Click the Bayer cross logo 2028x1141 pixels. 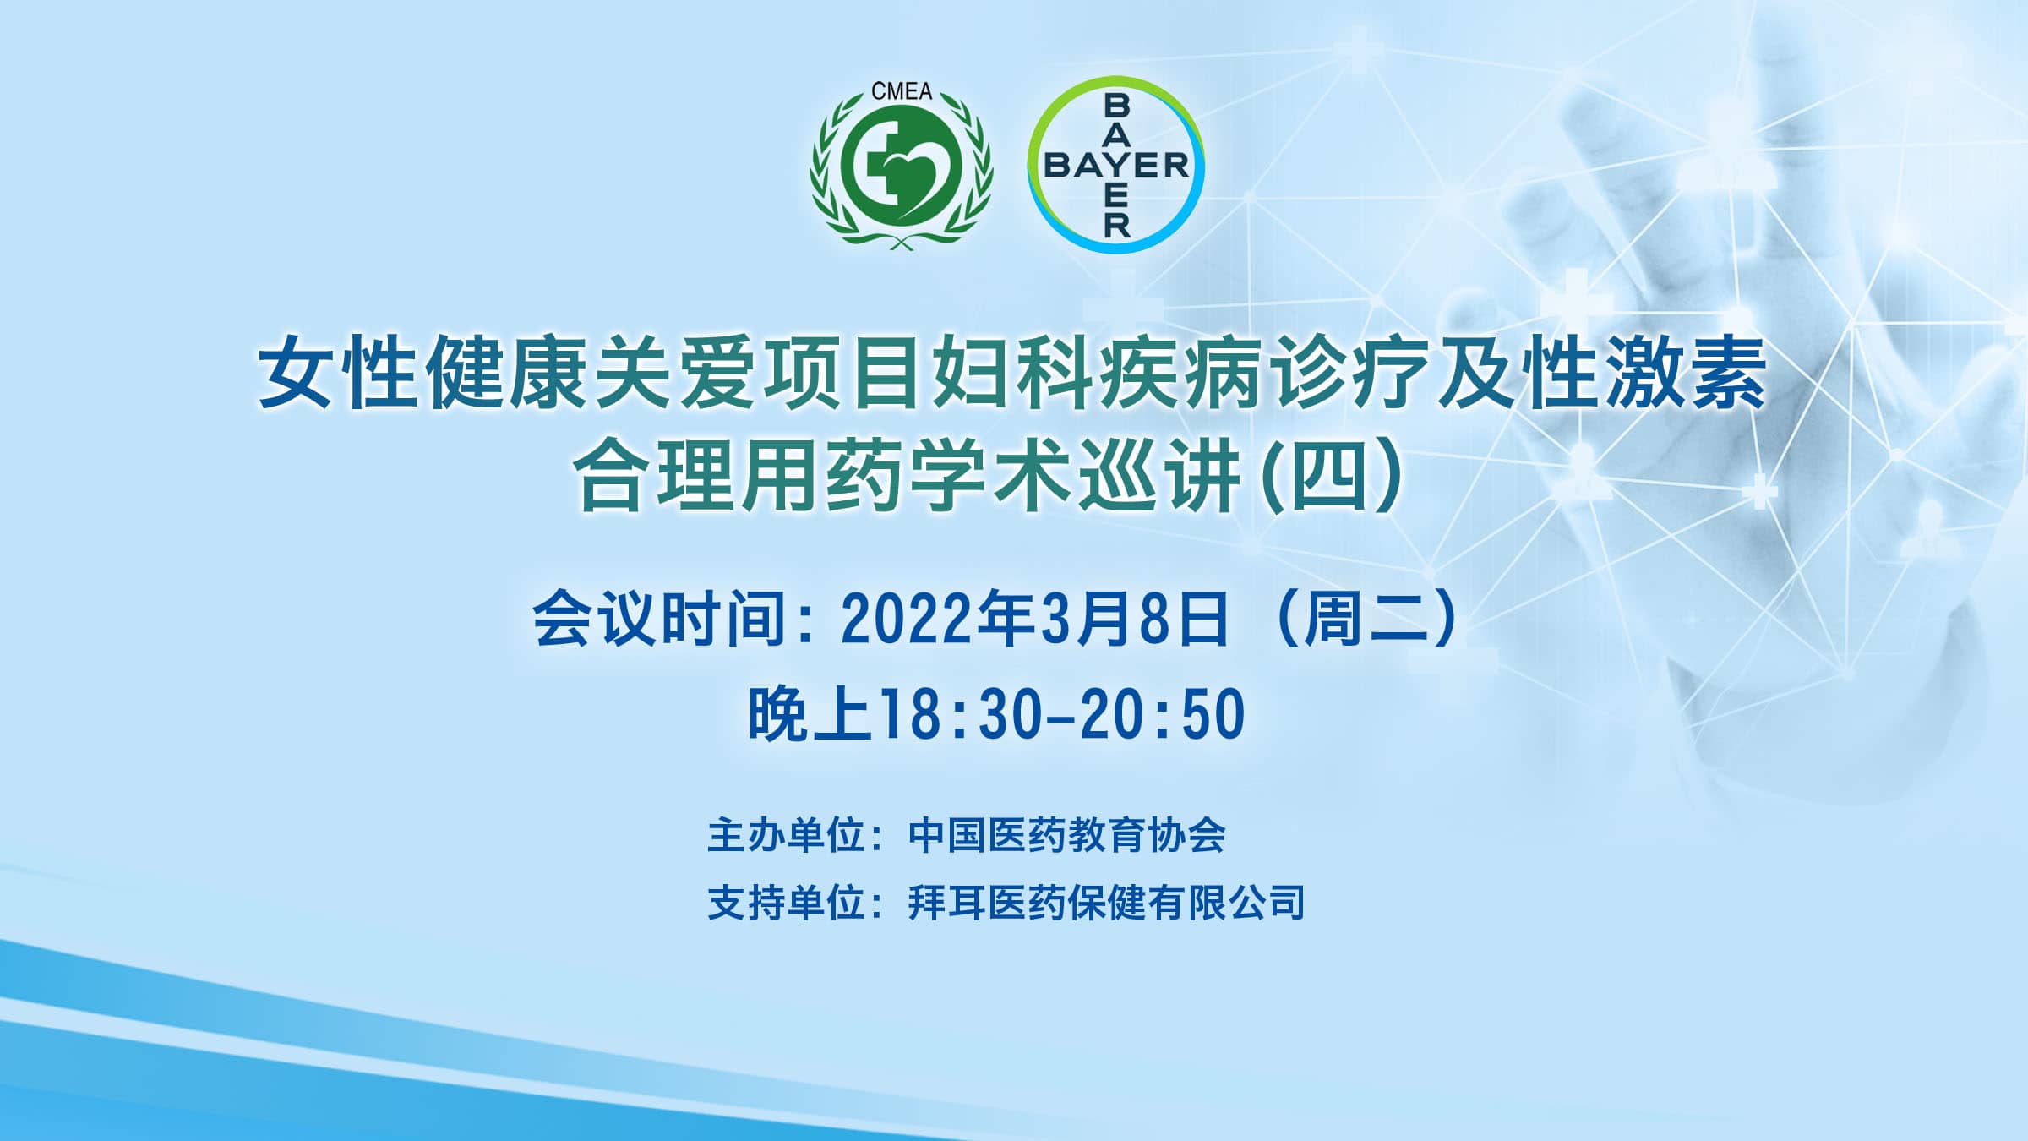pyautogui.click(x=1116, y=165)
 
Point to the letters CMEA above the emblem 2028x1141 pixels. pyautogui.click(x=902, y=91)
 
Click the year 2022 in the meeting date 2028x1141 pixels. pyautogui.click(x=908, y=620)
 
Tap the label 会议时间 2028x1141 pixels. pyautogui.click(x=659, y=619)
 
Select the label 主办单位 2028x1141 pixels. pyautogui.click(x=785, y=835)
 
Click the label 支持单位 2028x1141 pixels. pyautogui.click(x=785, y=902)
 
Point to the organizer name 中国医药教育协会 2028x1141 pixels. pyautogui.click(x=1066, y=835)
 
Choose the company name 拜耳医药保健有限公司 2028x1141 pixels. pyautogui.click(x=1106, y=902)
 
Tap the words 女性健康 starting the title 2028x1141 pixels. pyautogui.click(x=422, y=372)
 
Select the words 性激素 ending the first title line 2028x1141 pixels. pyautogui.click(x=1644, y=372)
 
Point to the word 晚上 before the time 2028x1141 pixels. pyautogui.click(x=810, y=714)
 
